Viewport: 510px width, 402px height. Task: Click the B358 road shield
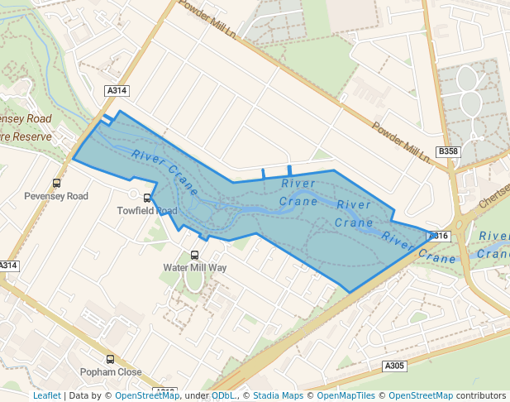(x=447, y=151)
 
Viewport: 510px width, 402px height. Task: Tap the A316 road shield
(x=438, y=236)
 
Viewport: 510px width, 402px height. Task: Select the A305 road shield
(x=394, y=366)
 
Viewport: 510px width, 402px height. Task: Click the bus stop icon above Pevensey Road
(x=56, y=184)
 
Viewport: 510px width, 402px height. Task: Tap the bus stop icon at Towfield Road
(x=147, y=198)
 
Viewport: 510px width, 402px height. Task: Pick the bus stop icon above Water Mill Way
(x=195, y=255)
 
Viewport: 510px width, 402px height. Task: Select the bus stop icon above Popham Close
(x=111, y=360)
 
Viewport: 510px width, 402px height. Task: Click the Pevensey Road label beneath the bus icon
(x=56, y=196)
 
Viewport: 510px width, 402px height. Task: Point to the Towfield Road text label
(x=147, y=211)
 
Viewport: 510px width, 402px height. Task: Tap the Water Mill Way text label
(x=195, y=267)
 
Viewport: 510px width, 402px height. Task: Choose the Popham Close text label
(x=111, y=372)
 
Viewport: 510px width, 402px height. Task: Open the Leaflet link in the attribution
(x=47, y=395)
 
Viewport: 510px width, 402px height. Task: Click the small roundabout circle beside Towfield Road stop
(x=133, y=195)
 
